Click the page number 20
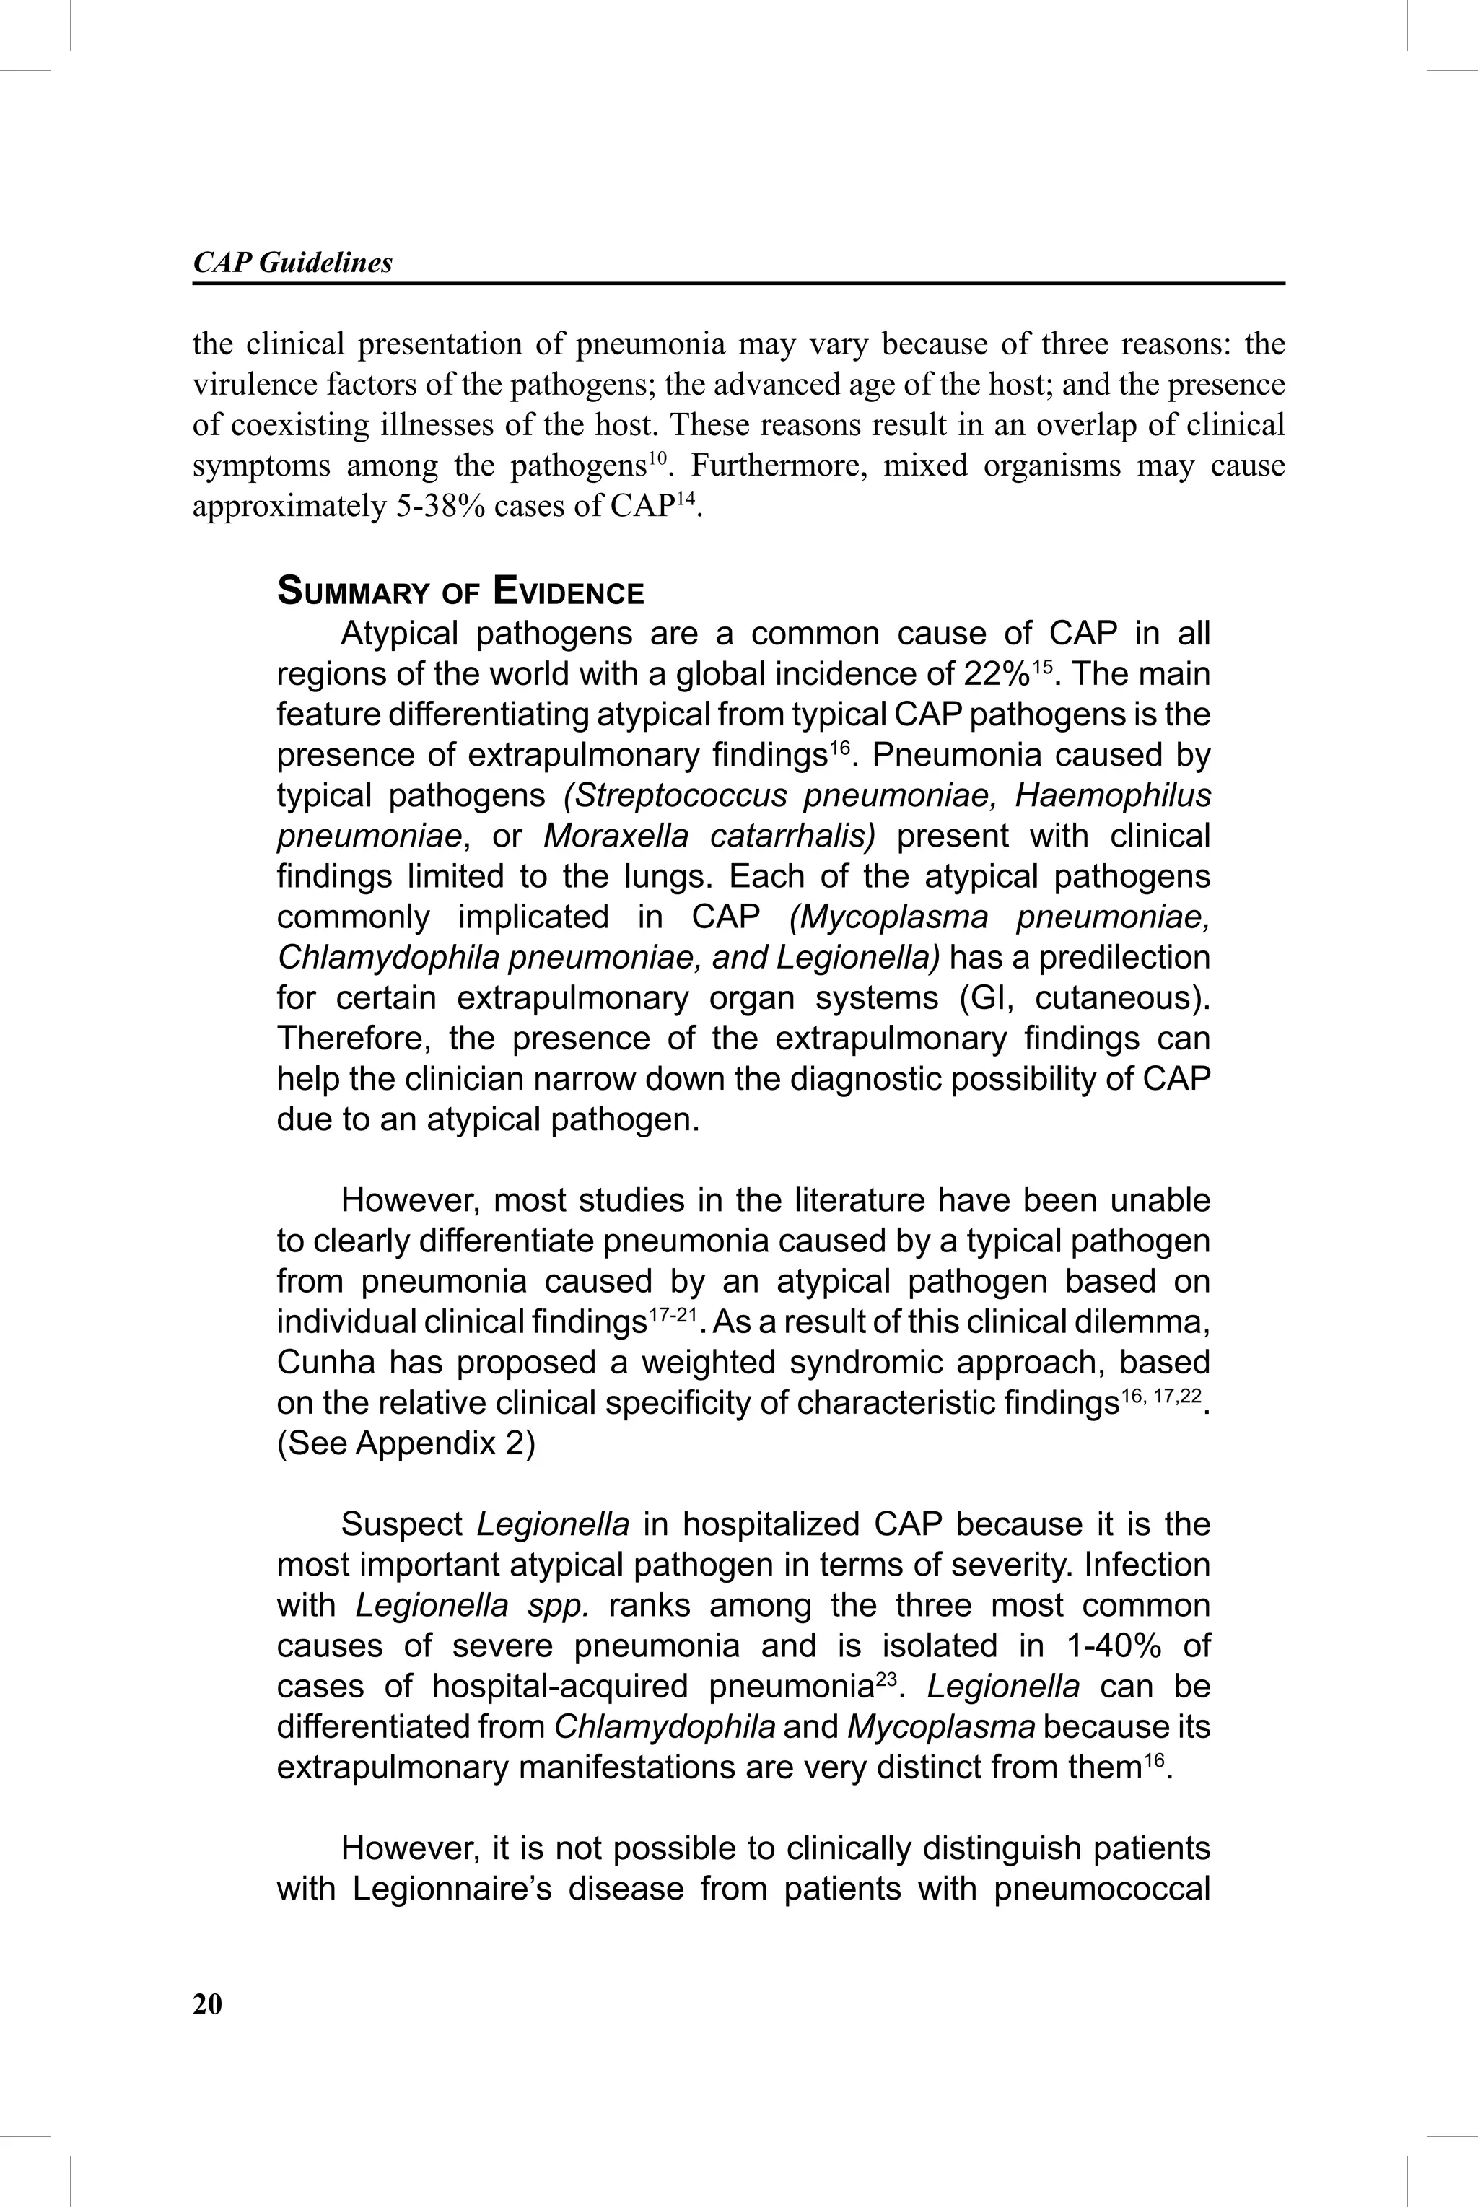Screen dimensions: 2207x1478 point(207,2004)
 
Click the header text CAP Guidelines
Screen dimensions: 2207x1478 point(292,263)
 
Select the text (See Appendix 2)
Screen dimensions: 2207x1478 point(406,1443)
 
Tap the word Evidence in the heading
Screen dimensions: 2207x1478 point(569,593)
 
